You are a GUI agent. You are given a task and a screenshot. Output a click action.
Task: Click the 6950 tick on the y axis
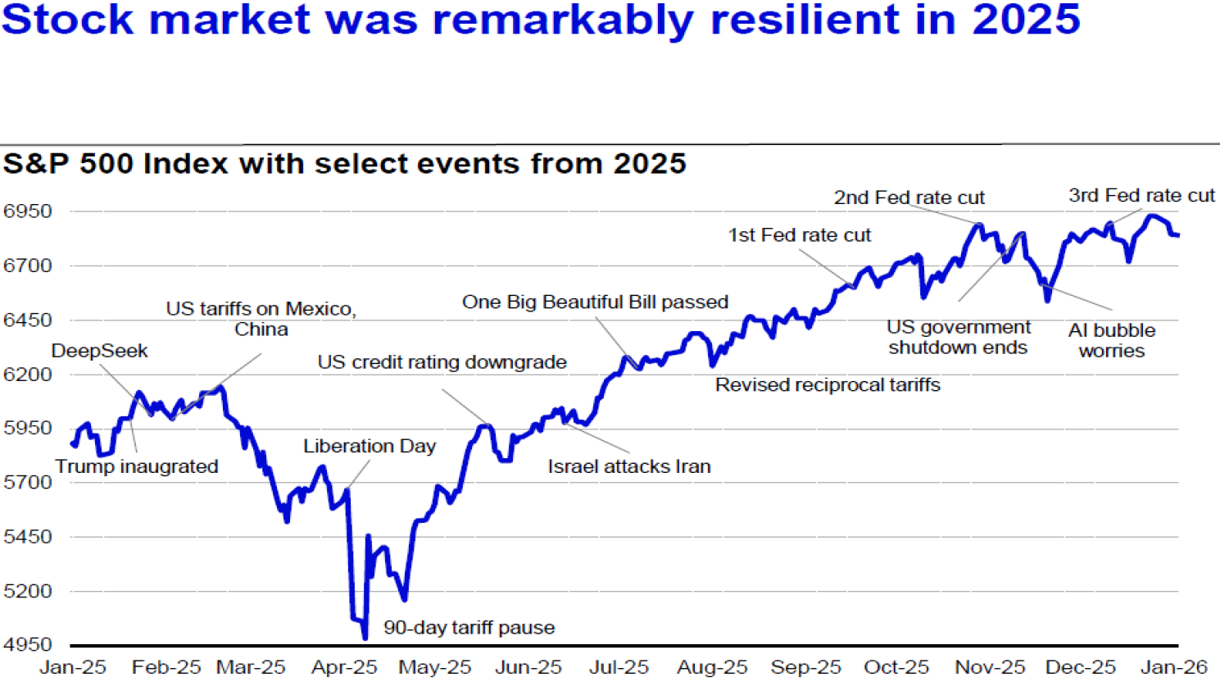coord(27,211)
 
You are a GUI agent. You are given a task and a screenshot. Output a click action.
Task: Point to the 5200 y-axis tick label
coord(27,591)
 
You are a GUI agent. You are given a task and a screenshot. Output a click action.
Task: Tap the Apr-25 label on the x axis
coord(344,667)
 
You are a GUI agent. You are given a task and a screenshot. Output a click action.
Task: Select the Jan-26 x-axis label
coord(1173,667)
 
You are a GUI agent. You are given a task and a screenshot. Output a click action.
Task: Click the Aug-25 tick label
coord(712,667)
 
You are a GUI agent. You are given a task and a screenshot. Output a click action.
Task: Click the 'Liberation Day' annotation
coord(370,446)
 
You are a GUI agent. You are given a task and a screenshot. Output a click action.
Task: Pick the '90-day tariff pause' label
coord(469,628)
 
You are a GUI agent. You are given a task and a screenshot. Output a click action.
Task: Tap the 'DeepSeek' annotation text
coord(99,351)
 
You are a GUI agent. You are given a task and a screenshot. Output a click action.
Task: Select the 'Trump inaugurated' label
coord(137,466)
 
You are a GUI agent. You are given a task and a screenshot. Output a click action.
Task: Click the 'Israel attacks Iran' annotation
coord(629,466)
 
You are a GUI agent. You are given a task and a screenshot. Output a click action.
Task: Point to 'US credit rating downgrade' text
coord(442,362)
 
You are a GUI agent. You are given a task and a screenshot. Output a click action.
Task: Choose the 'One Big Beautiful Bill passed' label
coord(595,302)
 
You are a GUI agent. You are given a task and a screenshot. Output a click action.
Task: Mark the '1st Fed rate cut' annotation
coord(800,235)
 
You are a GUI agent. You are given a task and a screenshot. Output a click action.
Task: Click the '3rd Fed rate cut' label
coord(1141,196)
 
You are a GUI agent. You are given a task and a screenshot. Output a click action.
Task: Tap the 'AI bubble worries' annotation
coord(1112,340)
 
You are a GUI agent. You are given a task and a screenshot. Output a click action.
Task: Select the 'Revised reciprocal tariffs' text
coord(828,385)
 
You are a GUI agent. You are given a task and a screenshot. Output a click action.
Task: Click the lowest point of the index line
coord(365,638)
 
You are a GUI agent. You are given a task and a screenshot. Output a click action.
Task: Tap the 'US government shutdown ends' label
coord(958,337)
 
